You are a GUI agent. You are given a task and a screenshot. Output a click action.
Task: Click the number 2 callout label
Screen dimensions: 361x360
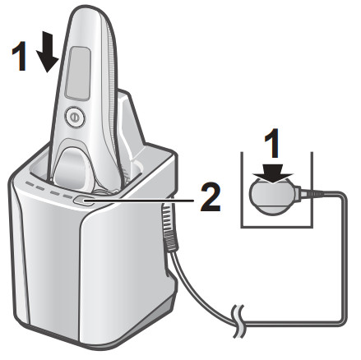pyautogui.click(x=211, y=197)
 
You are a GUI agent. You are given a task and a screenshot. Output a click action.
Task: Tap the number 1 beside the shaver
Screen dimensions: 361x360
pyautogui.click(x=20, y=56)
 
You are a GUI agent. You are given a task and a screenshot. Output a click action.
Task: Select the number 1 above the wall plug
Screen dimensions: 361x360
pyautogui.click(x=272, y=143)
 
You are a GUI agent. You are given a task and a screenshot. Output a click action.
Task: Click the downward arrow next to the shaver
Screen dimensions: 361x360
pyautogui.click(x=48, y=52)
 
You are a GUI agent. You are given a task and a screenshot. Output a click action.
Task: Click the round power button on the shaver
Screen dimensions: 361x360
pyautogui.click(x=75, y=117)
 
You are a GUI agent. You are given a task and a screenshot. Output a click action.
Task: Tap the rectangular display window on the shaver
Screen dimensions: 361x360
pyautogui.click(x=78, y=73)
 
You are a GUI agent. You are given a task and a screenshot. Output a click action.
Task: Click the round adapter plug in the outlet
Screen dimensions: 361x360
pyautogui.click(x=273, y=195)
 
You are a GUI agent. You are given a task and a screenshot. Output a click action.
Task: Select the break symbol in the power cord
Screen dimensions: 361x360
pyautogui.click(x=238, y=321)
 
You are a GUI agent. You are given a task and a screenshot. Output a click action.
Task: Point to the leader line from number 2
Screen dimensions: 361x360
pyautogui.click(x=139, y=201)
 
